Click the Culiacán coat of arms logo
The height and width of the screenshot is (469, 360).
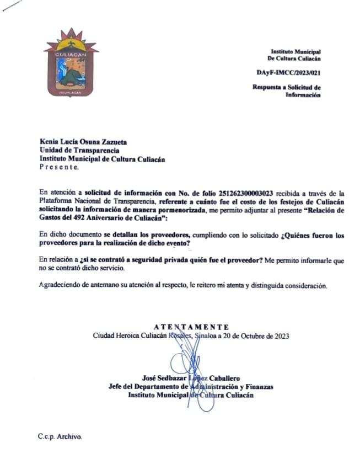70,62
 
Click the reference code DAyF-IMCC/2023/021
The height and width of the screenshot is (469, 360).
288,72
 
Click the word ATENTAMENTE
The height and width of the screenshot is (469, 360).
191,327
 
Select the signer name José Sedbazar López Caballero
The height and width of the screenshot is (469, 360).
191,379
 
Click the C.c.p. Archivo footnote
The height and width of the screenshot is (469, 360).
60,436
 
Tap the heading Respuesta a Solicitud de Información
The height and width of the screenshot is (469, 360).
287,91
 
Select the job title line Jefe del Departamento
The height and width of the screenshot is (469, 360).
191,387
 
